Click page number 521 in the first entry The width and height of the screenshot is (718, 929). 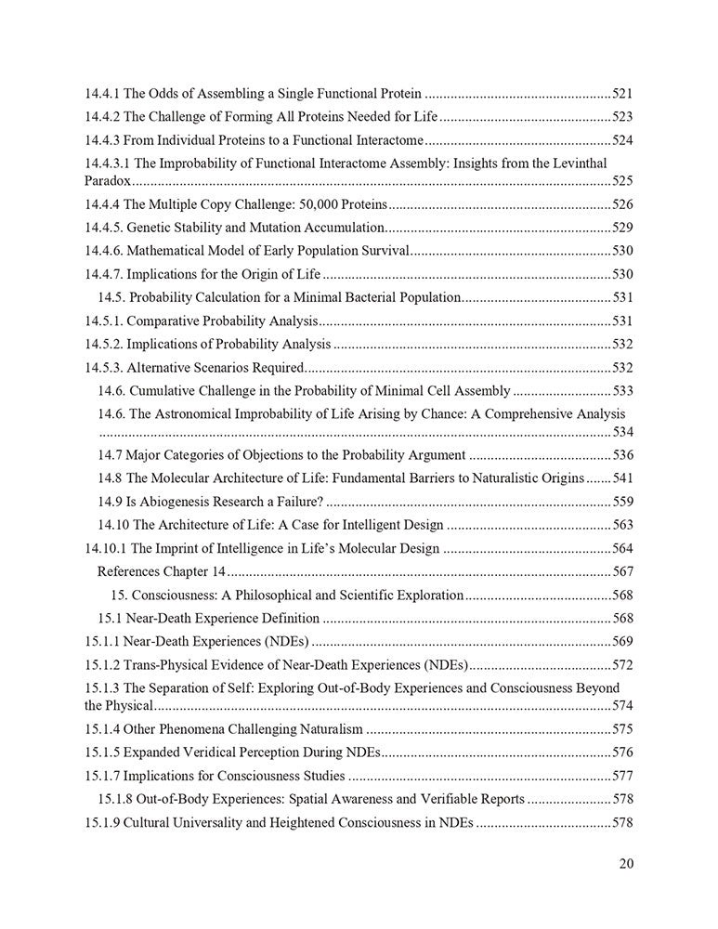point(622,94)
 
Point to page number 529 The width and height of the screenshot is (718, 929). point(622,228)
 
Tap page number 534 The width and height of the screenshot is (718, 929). point(622,433)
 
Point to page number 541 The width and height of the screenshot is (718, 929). point(622,478)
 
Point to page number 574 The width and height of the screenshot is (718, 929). point(622,706)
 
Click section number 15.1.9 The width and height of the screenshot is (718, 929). point(102,822)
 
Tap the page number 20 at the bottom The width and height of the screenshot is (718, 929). point(626,864)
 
